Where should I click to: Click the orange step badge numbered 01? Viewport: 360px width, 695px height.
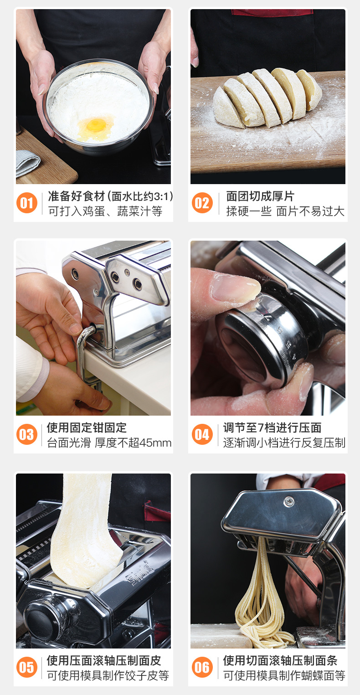point(27,203)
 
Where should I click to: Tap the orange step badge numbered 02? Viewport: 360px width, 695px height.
point(202,203)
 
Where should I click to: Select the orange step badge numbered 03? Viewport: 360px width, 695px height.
point(27,434)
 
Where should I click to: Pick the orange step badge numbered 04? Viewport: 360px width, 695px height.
point(202,434)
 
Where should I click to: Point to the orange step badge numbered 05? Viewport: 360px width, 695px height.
point(27,667)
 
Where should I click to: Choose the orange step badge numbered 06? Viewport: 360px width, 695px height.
point(202,667)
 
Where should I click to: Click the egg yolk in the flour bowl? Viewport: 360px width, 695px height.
point(96,125)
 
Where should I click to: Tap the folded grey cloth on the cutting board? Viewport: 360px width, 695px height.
point(27,162)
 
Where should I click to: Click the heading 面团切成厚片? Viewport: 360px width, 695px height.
point(260,196)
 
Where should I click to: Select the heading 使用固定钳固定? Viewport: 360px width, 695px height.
point(87,427)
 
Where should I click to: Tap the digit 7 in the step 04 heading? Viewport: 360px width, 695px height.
point(261,427)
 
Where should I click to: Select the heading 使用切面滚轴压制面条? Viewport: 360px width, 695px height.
point(280,660)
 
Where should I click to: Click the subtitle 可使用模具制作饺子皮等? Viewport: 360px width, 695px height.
point(108,675)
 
